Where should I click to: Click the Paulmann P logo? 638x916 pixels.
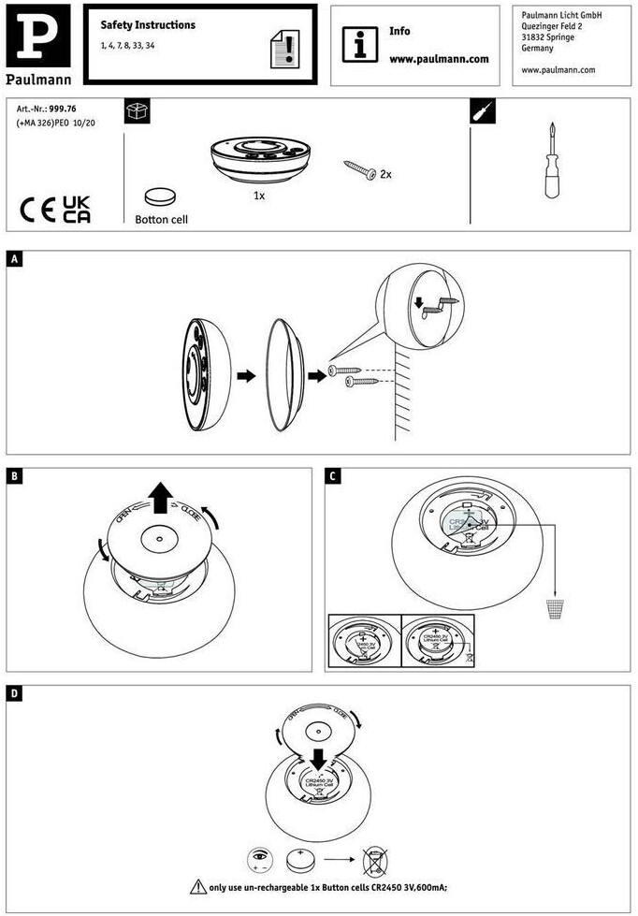pos(37,36)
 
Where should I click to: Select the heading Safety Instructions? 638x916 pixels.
pos(148,25)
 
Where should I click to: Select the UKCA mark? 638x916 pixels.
pos(77,210)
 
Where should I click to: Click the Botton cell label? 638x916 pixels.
pos(161,220)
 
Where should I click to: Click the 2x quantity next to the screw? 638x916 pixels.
pos(385,174)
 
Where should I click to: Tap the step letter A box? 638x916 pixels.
pos(14,260)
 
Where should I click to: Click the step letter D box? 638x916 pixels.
pos(14,695)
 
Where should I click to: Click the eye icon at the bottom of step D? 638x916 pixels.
pos(259,856)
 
